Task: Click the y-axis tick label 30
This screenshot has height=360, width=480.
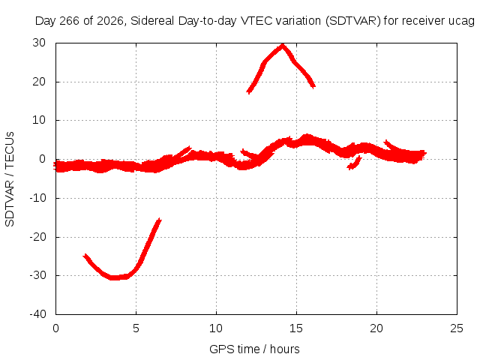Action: coord(39,43)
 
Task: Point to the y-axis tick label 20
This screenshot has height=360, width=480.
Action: coord(39,82)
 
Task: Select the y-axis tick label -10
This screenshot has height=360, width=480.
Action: coord(37,198)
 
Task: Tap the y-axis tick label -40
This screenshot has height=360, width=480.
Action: coord(37,314)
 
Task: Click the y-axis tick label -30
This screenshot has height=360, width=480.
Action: coord(37,275)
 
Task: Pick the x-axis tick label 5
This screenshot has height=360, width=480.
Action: coord(136,328)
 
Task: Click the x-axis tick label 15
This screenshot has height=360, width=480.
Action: coord(296,328)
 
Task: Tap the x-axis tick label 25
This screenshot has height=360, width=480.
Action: coord(457,328)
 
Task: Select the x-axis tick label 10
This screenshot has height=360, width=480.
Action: coord(216,328)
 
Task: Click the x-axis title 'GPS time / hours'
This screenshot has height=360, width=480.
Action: coord(254,349)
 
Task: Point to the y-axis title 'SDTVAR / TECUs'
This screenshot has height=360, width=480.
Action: coord(10,179)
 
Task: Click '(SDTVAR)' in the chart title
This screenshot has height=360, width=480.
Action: coord(352,21)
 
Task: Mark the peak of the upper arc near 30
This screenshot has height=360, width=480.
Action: coord(283,45)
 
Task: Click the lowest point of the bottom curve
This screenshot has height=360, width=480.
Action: coord(115,278)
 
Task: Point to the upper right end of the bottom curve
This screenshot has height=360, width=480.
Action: coord(159,220)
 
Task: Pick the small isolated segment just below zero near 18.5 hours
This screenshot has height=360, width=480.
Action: coord(355,163)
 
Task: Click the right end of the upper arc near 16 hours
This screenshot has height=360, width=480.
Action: coord(313,86)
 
